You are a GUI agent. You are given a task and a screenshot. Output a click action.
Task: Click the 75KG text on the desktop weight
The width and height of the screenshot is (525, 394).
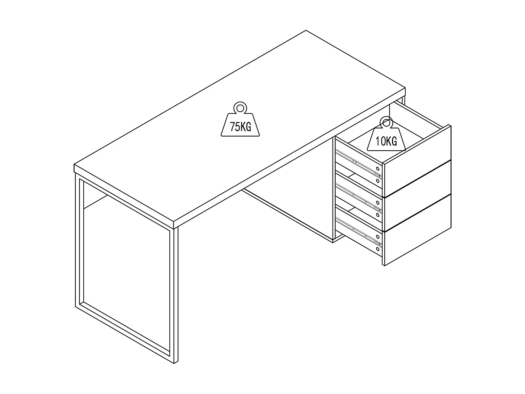coord(240,126)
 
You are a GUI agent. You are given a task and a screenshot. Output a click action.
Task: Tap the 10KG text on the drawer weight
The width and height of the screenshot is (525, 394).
coord(386,141)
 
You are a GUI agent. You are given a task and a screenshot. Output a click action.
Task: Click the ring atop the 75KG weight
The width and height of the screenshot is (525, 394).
coord(240,107)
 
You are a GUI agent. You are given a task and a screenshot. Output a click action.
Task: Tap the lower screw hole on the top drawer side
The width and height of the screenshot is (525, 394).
coord(377,181)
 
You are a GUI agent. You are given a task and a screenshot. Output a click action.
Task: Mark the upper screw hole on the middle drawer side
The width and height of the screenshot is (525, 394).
coord(377,202)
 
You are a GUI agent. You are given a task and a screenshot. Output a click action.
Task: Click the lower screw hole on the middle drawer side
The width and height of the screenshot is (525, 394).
coord(377,215)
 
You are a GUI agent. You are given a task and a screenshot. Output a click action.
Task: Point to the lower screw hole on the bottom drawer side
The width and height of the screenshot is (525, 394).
coord(377,249)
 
